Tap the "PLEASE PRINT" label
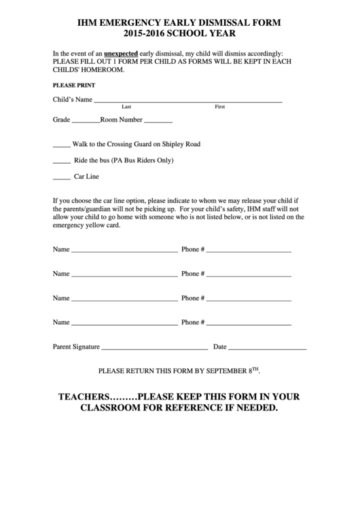click(74, 86)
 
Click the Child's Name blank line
click(187, 101)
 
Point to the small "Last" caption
click(126, 107)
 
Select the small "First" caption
click(219, 107)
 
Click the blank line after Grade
click(86, 122)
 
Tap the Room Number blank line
click(158, 122)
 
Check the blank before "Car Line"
click(61, 179)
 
